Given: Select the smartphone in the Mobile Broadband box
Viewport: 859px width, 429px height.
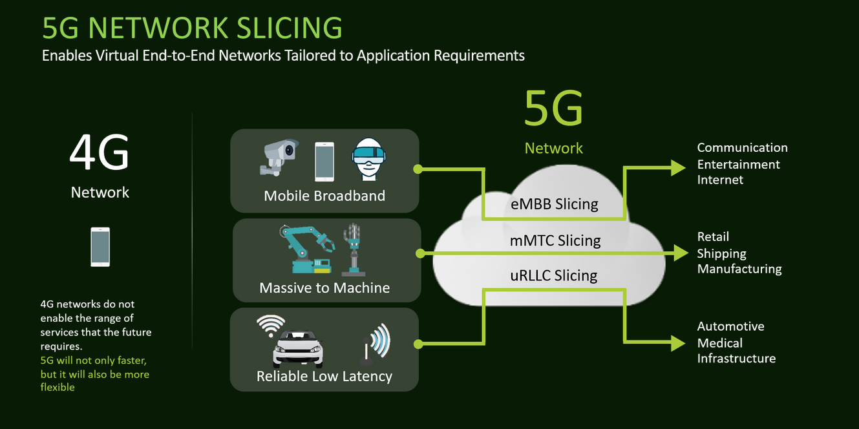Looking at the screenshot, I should (324, 161).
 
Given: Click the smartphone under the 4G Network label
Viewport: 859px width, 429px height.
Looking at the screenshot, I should (100, 247).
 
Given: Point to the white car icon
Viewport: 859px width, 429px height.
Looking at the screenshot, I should (298, 349).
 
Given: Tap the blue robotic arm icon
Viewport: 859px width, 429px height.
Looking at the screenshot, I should (306, 249).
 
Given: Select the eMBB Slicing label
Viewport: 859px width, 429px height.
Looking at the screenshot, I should (555, 204).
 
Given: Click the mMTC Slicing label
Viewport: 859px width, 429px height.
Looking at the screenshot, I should (555, 241).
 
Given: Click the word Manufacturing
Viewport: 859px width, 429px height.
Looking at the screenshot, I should (739, 269).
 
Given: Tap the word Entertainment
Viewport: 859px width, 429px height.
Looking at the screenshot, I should (738, 164).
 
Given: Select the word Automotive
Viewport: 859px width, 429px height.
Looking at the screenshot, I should (730, 326).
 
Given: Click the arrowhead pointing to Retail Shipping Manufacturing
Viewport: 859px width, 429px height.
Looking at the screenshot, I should (681, 253).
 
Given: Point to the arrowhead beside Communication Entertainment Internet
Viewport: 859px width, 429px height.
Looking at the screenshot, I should (678, 168).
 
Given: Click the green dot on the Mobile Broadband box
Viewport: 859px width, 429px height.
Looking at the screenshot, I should (418, 169).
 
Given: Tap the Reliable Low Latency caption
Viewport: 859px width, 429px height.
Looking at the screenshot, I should (324, 376).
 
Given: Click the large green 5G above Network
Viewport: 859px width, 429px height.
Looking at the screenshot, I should (553, 109).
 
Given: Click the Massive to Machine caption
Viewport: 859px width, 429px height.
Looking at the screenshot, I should (324, 288).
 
